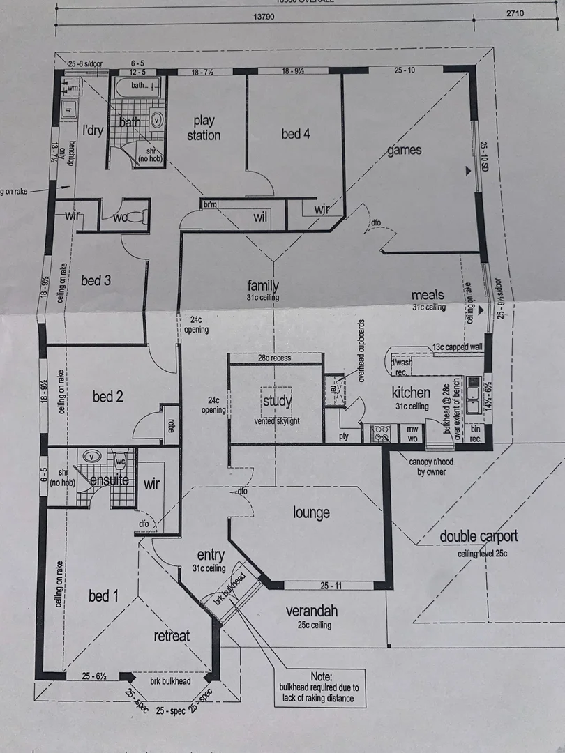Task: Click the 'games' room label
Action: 404,150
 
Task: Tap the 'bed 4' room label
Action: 296,133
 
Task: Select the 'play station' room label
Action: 203,128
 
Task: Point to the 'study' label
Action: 277,401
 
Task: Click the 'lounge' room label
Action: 311,513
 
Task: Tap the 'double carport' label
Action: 479,536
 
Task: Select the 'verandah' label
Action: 312,611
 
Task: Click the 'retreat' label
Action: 172,635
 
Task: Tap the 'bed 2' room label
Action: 108,397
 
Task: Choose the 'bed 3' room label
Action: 96,280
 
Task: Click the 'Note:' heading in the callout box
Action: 322,676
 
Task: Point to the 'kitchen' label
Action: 411,392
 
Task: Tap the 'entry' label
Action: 211,555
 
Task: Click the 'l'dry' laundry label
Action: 93,130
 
